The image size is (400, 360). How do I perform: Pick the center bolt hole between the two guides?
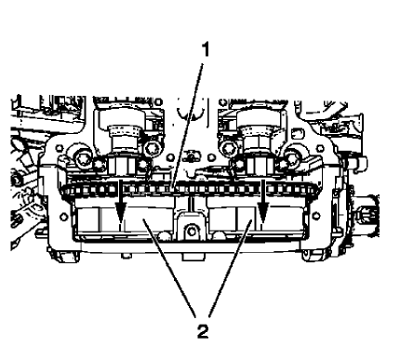[x=192, y=229]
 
